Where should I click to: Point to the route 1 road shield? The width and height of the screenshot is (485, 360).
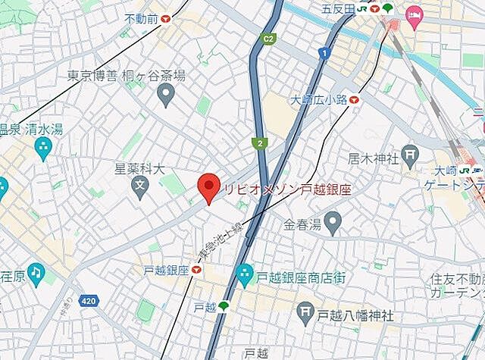point(324,53)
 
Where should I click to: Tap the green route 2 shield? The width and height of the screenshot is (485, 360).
point(259,142)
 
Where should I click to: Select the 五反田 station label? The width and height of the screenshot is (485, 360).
point(338,9)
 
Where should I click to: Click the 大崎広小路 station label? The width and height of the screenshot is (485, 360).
point(318,99)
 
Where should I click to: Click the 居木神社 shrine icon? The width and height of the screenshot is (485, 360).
point(410,157)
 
